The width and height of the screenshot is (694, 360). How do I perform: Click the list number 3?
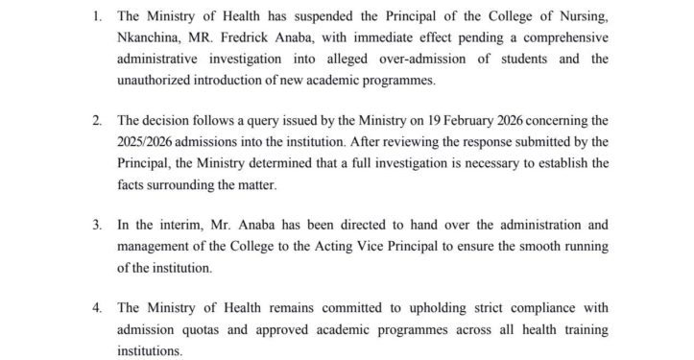coord(97,226)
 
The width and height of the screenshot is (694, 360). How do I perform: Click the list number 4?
coord(97,308)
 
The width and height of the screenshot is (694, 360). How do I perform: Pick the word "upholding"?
coord(455,308)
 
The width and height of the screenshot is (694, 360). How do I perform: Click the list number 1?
coord(97,17)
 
